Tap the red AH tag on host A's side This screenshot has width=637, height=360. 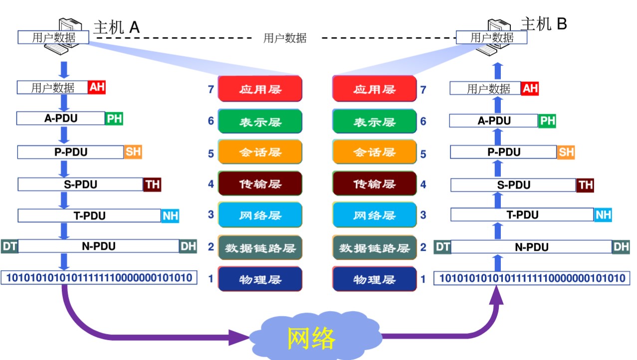pos(97,87)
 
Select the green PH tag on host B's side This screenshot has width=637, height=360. pos(547,121)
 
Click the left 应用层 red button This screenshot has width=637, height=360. pos(260,89)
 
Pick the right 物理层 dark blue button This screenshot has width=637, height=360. pos(374,279)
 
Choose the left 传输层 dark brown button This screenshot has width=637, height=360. pos(260,184)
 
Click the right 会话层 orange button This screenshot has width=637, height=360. pos(374,153)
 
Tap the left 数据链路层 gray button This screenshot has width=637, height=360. pos(260,247)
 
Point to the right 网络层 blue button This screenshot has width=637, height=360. pos(374,215)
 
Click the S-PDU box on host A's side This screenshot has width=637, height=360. pos(80,184)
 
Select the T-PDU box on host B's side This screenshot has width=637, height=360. pos(522,215)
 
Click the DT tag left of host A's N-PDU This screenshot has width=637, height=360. pos(9,246)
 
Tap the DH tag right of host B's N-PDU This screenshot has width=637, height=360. pos(621,246)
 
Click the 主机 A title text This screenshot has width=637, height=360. pos(116,27)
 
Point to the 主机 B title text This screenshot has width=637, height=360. pos(544,23)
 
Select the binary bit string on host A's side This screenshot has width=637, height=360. pos(99,278)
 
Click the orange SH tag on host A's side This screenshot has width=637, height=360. pos(133,152)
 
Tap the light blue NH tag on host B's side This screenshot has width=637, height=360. pos(603,215)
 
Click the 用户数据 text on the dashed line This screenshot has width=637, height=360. pos(285,38)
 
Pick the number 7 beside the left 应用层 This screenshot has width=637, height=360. pos(211,90)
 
